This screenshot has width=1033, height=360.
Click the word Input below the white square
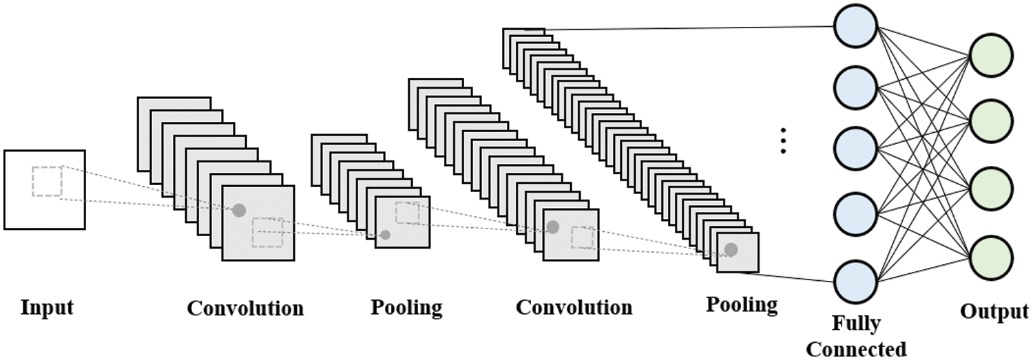[46, 307]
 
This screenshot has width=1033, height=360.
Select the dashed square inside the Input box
[47, 181]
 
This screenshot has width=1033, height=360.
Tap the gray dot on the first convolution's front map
[238, 210]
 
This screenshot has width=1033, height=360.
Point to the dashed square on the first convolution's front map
[267, 232]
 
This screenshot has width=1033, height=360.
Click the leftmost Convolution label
[245, 308]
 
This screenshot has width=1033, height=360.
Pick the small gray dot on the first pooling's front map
[386, 235]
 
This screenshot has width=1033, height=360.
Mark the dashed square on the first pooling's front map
[407, 213]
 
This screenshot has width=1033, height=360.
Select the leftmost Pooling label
[406, 307]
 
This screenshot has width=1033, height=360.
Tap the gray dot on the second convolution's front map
[552, 227]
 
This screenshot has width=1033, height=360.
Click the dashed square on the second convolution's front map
[582, 237]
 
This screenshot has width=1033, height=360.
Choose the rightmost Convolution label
[574, 307]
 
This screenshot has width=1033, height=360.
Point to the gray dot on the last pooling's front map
[731, 250]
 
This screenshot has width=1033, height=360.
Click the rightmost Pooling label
[742, 304]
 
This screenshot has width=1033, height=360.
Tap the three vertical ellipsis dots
[783, 140]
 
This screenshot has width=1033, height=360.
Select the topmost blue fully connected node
[855, 27]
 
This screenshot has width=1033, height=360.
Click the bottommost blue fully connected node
[855, 283]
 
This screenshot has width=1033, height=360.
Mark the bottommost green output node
[991, 257]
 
